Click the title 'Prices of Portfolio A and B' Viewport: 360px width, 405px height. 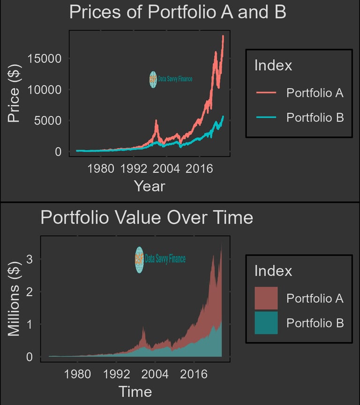click(178, 12)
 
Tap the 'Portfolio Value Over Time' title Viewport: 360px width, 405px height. click(147, 218)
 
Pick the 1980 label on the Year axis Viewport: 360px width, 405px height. click(101, 168)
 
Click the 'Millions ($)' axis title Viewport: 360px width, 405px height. click(14, 298)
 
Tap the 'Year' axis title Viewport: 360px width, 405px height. click(150, 186)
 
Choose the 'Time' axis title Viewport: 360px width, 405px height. click(135, 391)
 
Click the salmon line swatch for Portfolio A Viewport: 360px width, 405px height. click(266, 93)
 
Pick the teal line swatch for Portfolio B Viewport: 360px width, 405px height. click(266, 117)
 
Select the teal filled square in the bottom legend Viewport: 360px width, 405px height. click(266, 323)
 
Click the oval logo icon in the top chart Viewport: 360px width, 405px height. click(153, 80)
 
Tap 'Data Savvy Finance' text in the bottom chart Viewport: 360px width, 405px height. click(165, 259)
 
